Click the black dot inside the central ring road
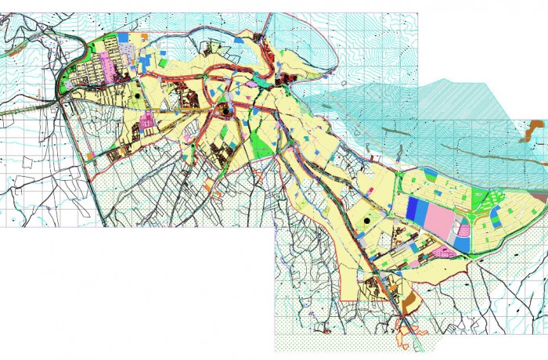(x=226, y=111)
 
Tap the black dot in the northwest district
(x=137, y=95)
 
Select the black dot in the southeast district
(x=366, y=221)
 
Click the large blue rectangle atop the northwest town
(x=124, y=37)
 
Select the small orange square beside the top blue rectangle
(x=145, y=36)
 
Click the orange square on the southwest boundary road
(x=91, y=157)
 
